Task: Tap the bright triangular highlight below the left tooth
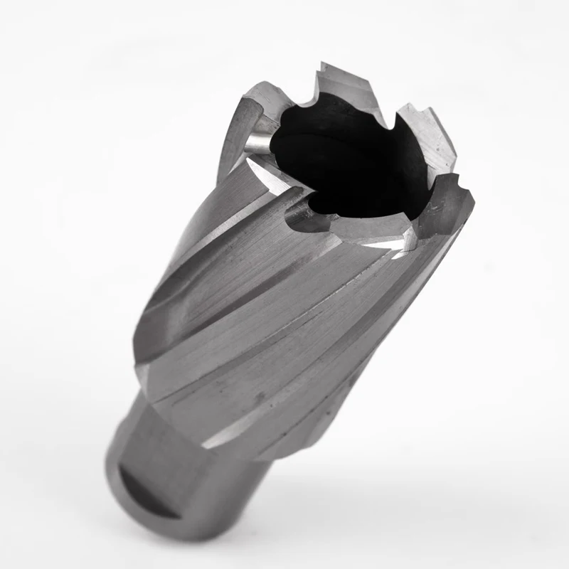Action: click(x=263, y=171)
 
